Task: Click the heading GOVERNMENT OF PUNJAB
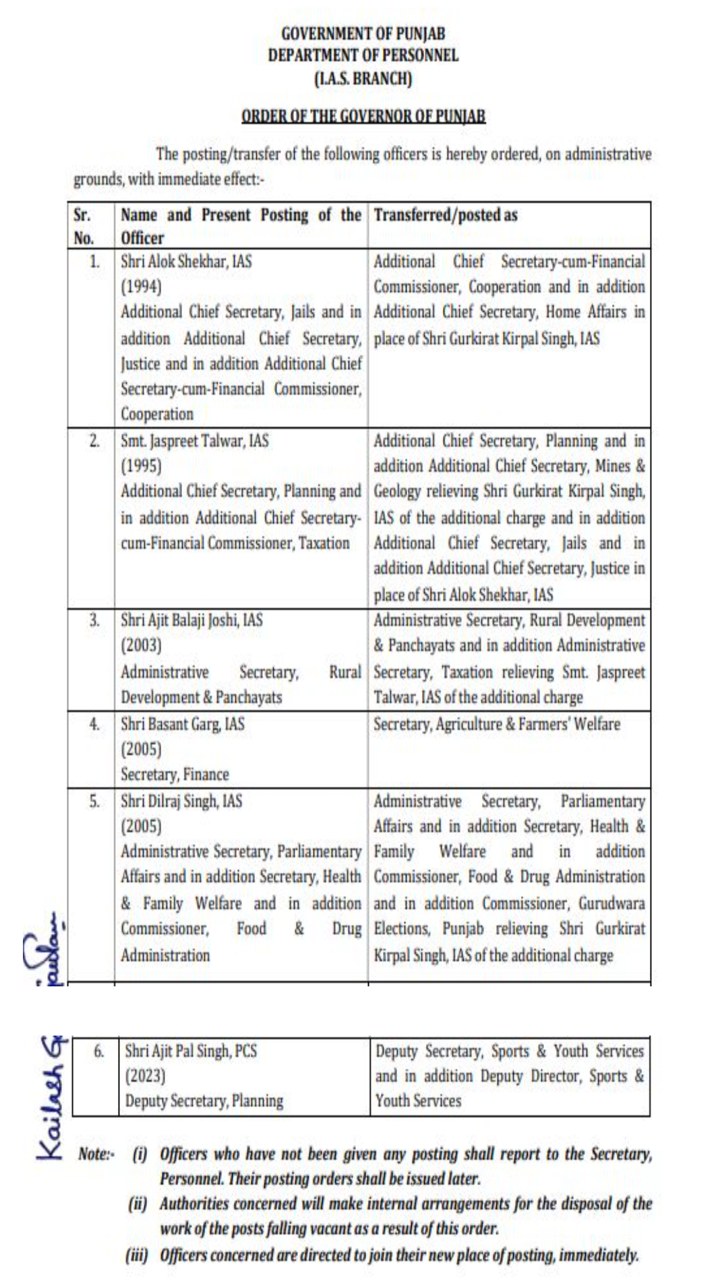coord(363,33)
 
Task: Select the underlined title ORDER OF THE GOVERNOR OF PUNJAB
coord(363,116)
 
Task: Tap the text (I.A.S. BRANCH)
coord(363,78)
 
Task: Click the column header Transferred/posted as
coord(446,215)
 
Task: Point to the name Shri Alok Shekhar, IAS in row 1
coord(186,261)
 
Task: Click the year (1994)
coord(141,287)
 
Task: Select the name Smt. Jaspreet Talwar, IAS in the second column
coord(194,441)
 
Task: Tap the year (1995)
coord(141,466)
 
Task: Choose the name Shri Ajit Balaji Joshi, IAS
coord(191,620)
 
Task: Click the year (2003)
coord(141,645)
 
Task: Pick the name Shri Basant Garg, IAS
coord(182,724)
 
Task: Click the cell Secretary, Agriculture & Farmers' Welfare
coord(497,724)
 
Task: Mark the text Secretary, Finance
coord(175,774)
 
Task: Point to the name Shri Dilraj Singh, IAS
coord(181,801)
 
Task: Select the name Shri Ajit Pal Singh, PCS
coord(191,1050)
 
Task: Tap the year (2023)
coord(145,1075)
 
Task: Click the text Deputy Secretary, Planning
coord(204,1100)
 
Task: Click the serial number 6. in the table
coord(98,1050)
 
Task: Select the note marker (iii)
coord(137,1255)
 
